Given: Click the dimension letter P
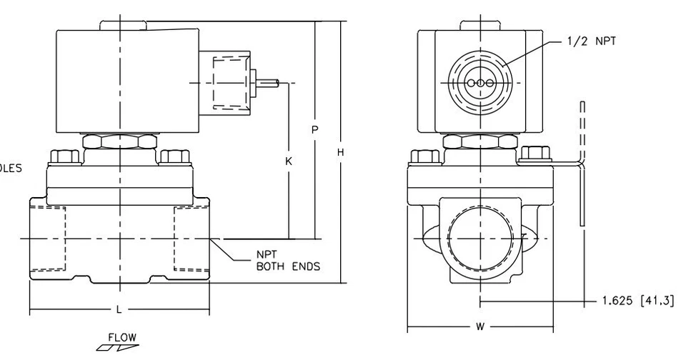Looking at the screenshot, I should [314, 129].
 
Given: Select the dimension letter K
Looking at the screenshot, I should [289, 162].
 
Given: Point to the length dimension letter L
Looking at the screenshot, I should [119, 309].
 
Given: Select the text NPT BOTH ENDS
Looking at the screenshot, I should [287, 261].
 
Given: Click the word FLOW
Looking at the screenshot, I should [121, 337].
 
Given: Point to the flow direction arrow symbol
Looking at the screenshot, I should [112, 348].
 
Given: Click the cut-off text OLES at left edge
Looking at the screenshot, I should [11, 169].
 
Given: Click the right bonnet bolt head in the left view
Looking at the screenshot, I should [174, 156].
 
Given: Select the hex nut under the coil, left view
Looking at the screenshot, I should [119, 141].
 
